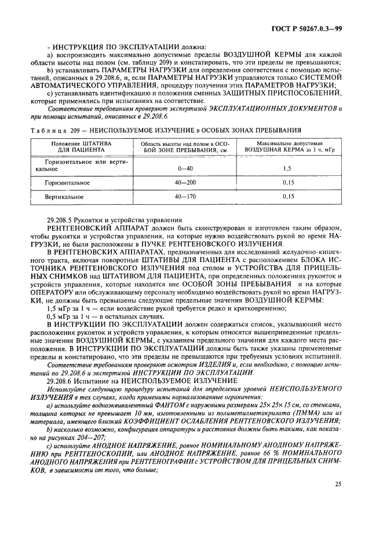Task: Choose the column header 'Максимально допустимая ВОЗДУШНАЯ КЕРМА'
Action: tap(285, 146)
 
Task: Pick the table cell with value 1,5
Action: tap(286, 168)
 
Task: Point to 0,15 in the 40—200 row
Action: tap(286, 182)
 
